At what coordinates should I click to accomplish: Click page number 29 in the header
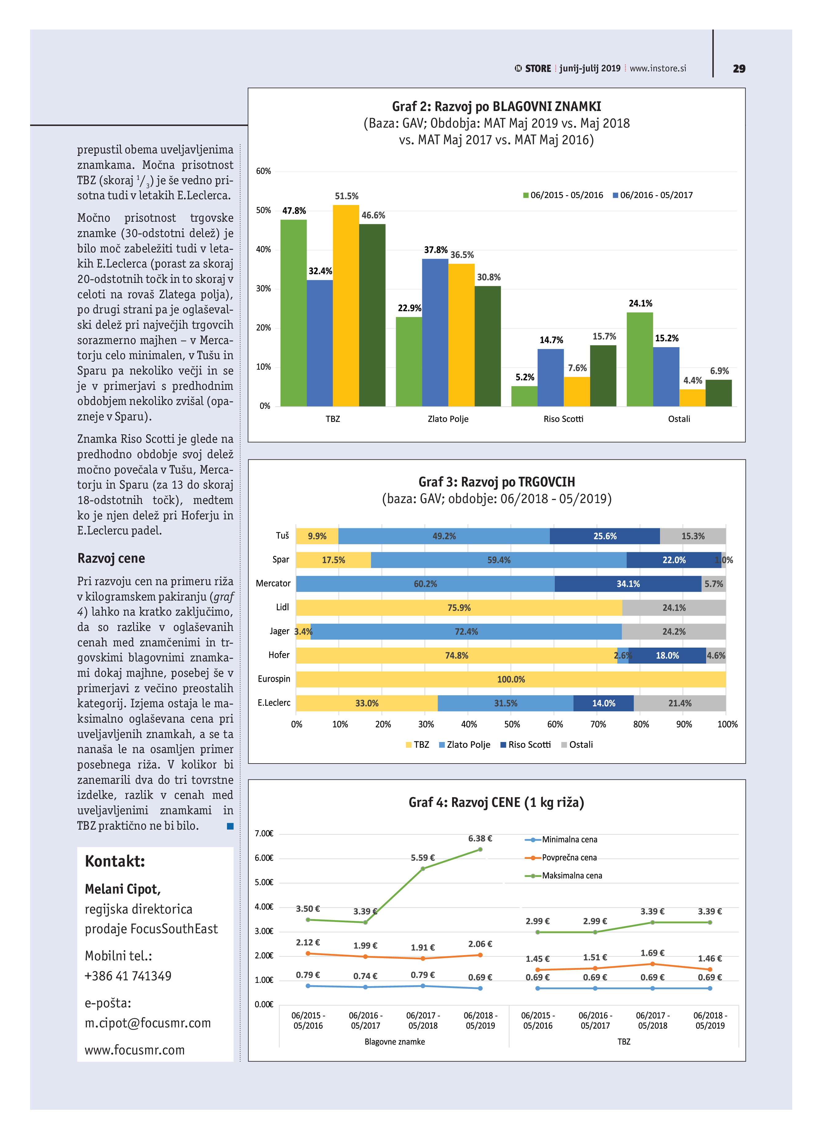click(x=739, y=69)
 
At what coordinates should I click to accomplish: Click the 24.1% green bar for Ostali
click(x=640, y=359)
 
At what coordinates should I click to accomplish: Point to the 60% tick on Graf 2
click(x=264, y=171)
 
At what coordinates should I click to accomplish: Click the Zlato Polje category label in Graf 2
click(x=448, y=419)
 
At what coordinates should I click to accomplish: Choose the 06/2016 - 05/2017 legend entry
click(x=653, y=195)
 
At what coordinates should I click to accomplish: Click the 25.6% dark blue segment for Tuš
click(x=605, y=536)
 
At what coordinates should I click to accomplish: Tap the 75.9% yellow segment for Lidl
click(x=459, y=608)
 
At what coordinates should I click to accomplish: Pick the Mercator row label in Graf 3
click(x=273, y=584)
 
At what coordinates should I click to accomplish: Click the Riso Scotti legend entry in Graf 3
click(x=526, y=745)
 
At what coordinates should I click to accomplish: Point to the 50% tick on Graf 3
click(x=512, y=724)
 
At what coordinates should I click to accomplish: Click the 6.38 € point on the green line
click(x=480, y=850)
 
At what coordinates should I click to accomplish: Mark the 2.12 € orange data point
click(x=308, y=953)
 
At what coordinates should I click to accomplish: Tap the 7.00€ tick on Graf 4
click(x=264, y=834)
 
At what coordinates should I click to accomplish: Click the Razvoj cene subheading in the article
click(x=111, y=558)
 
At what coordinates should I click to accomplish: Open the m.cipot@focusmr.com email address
click(x=148, y=1023)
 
